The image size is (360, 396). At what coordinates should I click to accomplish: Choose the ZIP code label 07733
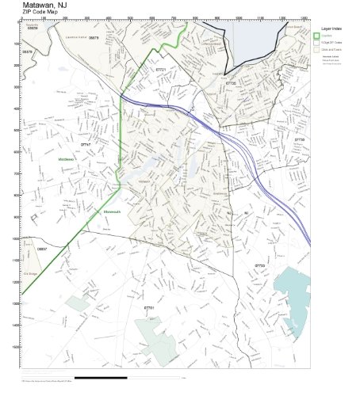click(x=259, y=265)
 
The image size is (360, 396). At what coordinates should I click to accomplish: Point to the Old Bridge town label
click(x=31, y=274)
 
